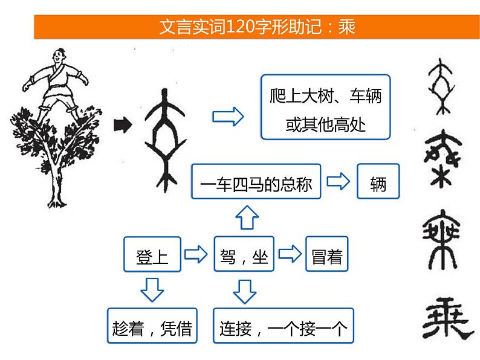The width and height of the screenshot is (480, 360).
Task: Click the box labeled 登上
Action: pos(152,254)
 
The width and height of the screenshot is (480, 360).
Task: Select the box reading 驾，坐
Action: pos(244,254)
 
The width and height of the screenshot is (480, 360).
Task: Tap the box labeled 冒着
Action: pos(327,254)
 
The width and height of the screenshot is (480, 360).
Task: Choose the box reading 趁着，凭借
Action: pos(152,326)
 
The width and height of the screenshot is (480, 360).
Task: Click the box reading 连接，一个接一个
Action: pos(284,326)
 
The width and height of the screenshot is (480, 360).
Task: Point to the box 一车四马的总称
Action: pos(256,181)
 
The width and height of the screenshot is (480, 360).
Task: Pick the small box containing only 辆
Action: pos(378,181)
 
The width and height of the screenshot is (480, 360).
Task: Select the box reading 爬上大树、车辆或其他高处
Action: pos(326,107)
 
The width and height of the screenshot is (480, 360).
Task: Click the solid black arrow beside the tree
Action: pos(123,125)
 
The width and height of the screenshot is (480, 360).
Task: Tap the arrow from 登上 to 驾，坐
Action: pos(196,254)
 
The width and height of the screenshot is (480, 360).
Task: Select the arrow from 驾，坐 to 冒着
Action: pos(290,254)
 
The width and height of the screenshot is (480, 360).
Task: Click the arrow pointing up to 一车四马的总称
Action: pos(247,217)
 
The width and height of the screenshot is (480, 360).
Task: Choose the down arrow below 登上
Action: pos(152,290)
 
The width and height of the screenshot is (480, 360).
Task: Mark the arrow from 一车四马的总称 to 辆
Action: pos(339,181)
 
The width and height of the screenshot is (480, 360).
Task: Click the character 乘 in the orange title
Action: pos(346,27)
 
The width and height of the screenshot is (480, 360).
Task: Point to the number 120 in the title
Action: pos(240,27)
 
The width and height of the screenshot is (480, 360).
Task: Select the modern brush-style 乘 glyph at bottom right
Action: pos(447,318)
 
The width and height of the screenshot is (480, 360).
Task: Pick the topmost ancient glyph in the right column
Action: pos(441,86)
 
